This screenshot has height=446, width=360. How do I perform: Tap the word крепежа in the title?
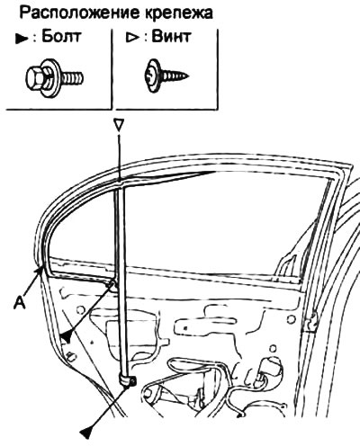(x=179, y=13)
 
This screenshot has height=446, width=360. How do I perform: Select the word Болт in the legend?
(x=61, y=37)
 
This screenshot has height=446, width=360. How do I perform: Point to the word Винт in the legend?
(x=171, y=37)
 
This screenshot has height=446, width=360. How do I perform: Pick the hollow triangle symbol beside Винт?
(x=132, y=38)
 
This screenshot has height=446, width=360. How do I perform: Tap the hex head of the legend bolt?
(x=35, y=77)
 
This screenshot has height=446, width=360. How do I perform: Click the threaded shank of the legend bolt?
(x=73, y=77)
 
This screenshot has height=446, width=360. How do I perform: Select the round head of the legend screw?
(x=153, y=76)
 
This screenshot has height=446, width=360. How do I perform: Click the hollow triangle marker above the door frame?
(x=119, y=125)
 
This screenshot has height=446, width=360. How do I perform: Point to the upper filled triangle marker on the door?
(x=67, y=337)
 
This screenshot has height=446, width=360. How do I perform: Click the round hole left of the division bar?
(x=80, y=310)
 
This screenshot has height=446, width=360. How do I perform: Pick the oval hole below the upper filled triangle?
(x=72, y=357)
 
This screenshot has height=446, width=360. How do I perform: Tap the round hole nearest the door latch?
(x=291, y=319)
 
